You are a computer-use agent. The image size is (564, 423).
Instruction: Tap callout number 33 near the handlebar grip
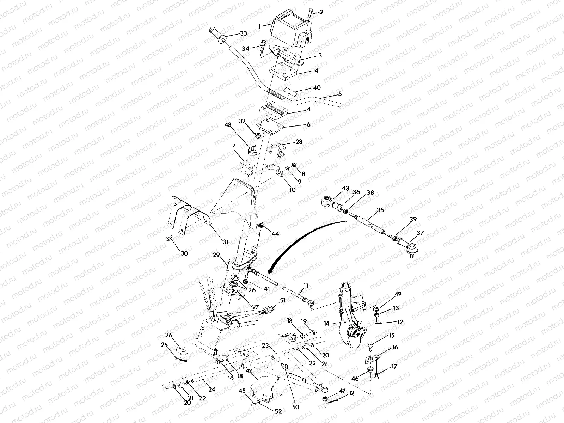pos(243,34)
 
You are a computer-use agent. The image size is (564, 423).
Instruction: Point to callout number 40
pos(317,88)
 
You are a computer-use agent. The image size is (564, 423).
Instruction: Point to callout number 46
pos(355,379)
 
